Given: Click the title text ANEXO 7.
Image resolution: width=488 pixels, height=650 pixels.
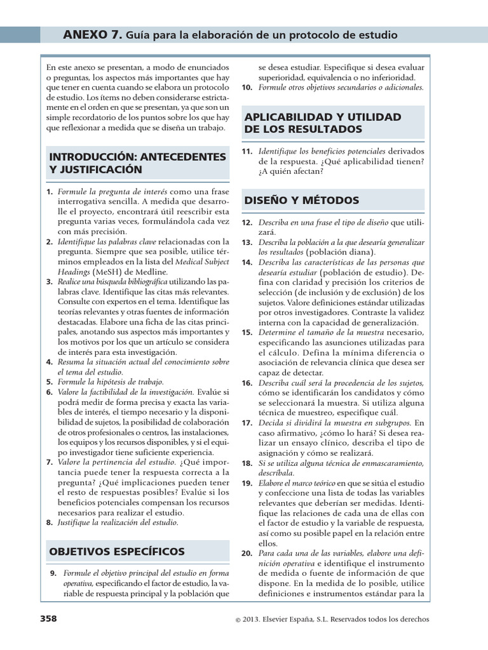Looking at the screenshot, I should coord(92,35).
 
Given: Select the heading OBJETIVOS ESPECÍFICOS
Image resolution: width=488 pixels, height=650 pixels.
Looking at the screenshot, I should coord(117,551).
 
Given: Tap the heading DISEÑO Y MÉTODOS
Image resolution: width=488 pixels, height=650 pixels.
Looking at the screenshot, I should coord(301,201).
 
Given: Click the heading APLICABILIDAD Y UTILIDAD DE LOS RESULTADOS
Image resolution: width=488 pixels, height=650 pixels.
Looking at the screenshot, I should coord(322,123).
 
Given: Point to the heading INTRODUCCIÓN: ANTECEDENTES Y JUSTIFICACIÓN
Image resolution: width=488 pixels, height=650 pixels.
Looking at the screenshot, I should coord(137,162).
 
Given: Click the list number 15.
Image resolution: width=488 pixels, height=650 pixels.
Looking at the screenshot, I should coord(247,332).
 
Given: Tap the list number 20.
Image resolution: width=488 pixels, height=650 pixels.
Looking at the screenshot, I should coord(247,554).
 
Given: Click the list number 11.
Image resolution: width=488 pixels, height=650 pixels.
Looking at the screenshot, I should coord(247,151).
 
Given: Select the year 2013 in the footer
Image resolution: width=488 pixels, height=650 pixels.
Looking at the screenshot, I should coord(250,620).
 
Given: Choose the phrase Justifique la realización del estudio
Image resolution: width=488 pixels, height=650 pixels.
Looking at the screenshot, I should coord(118,522).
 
